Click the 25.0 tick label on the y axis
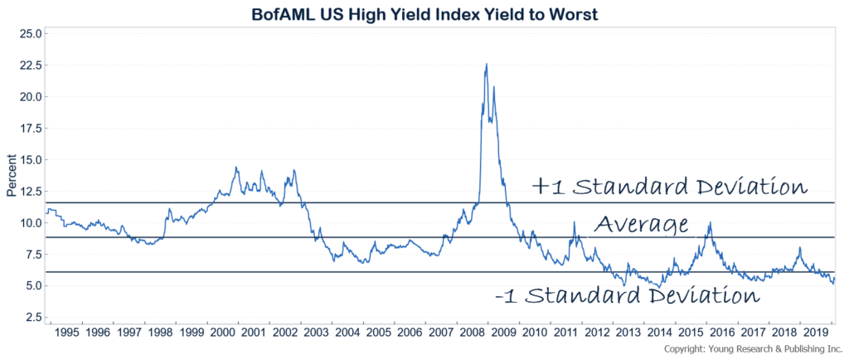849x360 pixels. [x=30, y=33]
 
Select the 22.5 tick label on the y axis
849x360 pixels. [x=30, y=65]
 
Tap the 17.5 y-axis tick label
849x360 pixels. [x=30, y=128]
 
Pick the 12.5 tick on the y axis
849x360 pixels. [x=30, y=191]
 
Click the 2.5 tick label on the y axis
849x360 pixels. [x=32, y=317]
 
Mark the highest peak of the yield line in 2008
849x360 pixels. [x=487, y=64]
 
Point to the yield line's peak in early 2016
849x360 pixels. [x=709, y=222]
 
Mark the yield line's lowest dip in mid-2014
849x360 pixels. [x=657, y=287]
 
